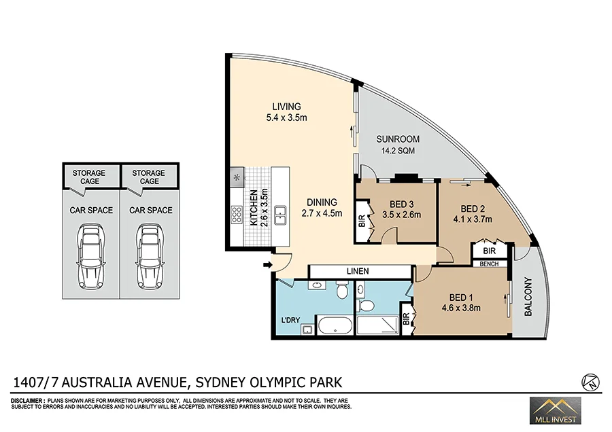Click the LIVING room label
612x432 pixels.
point(286,107)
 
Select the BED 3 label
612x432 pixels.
point(402,204)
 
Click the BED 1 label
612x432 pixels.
point(460,298)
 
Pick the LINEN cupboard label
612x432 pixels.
point(358,272)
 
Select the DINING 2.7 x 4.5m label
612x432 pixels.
point(321,207)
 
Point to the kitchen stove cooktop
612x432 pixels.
point(237,215)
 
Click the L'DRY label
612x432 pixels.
point(290,320)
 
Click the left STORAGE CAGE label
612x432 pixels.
point(89,177)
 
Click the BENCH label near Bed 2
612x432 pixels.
point(490,264)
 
